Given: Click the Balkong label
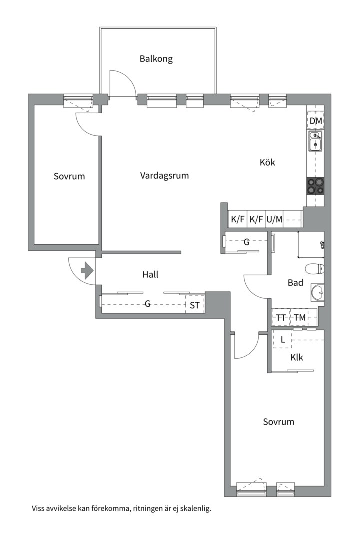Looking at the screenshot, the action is coord(156,59).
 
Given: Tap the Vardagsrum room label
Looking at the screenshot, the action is coord(164,176).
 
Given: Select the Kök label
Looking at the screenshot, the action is coord(267,162).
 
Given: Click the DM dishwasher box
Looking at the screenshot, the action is coord(315,121).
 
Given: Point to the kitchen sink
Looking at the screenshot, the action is coord(315,141).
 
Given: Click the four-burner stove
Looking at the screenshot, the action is coord(315,186).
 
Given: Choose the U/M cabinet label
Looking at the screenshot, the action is coord(274,219).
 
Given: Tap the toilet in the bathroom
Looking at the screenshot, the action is coord(315,268).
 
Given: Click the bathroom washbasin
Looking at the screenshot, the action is coord(317,292).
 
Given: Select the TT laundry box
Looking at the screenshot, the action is coord(281,317).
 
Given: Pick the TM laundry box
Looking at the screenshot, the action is coord(299,317).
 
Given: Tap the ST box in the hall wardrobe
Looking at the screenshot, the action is coord(195,304).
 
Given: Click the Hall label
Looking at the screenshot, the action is coord(150,275).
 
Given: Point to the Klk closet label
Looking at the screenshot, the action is coord(297,357).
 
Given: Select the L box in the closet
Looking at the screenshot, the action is coord(282,339).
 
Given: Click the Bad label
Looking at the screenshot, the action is coord(295,283).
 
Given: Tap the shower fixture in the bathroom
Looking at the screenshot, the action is coord(322,245).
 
